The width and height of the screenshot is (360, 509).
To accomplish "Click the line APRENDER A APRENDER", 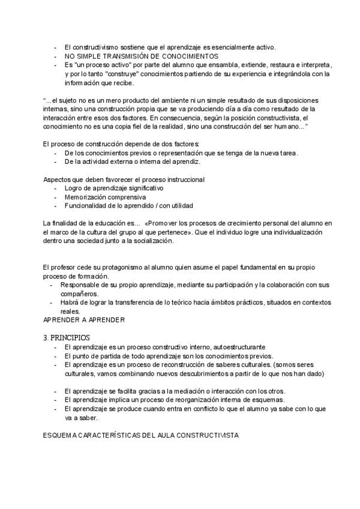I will tap(83, 320).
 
